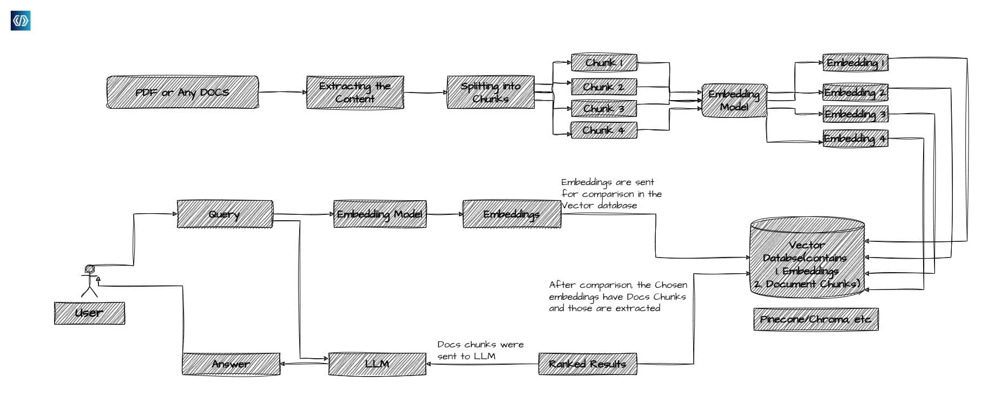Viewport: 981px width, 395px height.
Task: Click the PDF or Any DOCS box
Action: point(182,93)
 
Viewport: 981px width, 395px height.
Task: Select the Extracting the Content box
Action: point(355,93)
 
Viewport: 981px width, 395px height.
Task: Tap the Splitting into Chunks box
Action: point(491,93)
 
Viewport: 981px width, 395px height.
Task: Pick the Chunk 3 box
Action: point(604,109)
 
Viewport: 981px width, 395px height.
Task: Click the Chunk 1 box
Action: point(604,63)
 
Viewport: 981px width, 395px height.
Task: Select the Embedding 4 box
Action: point(855,139)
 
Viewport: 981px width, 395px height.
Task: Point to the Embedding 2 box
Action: point(855,93)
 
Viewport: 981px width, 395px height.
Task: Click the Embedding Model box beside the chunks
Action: point(734,101)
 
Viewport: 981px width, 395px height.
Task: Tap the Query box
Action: point(225,214)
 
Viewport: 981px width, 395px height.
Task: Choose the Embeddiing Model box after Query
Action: point(380,214)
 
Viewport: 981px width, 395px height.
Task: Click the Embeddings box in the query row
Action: point(511,214)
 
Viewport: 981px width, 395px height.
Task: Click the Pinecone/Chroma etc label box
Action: point(815,319)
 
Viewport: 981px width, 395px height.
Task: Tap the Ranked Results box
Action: point(588,364)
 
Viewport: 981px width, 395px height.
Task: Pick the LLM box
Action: point(377,364)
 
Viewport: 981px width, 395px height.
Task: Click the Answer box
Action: point(231,364)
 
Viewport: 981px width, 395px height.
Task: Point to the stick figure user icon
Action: point(89,280)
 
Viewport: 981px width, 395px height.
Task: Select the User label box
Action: point(89,313)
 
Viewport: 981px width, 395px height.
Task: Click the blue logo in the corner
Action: point(21,21)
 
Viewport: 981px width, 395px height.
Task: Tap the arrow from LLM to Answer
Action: point(305,364)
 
